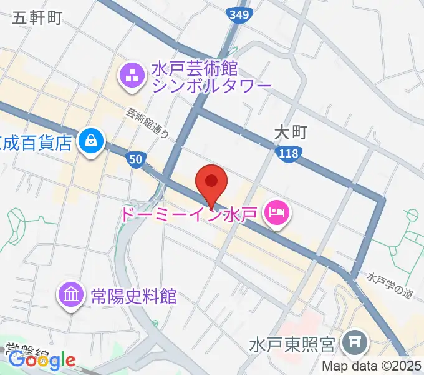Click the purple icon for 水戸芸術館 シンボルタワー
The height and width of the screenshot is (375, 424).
(132, 77)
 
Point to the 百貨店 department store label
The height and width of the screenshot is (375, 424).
(37, 142)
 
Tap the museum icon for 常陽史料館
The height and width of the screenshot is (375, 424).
(70, 294)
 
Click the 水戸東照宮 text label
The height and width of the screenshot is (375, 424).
(293, 344)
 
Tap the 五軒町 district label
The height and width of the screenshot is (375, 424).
(37, 19)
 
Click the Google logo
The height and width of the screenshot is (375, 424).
(42, 360)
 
